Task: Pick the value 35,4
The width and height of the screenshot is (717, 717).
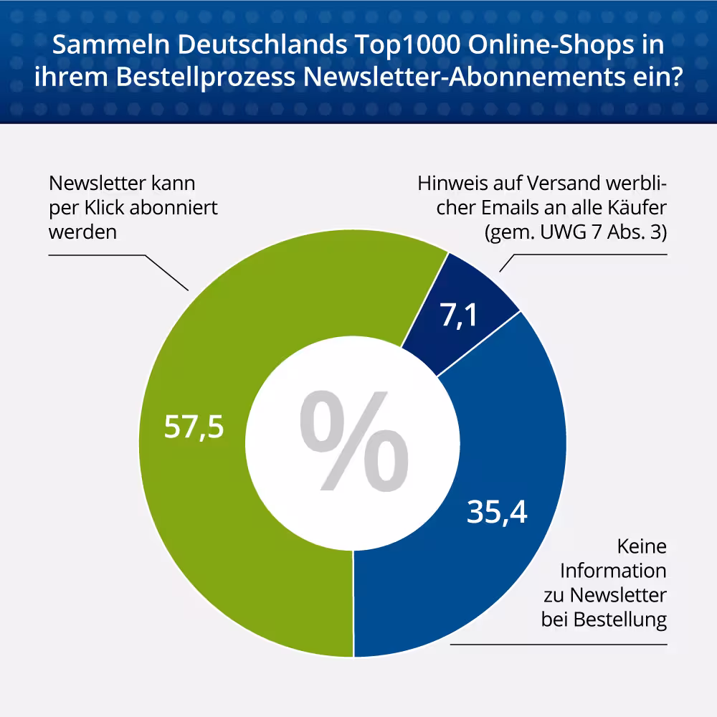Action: click(497, 511)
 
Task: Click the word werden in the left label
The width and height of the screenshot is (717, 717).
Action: click(82, 233)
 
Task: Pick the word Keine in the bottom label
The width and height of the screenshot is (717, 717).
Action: click(642, 546)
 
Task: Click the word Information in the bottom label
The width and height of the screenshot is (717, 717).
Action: click(613, 571)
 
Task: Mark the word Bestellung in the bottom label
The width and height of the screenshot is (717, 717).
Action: click(620, 619)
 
